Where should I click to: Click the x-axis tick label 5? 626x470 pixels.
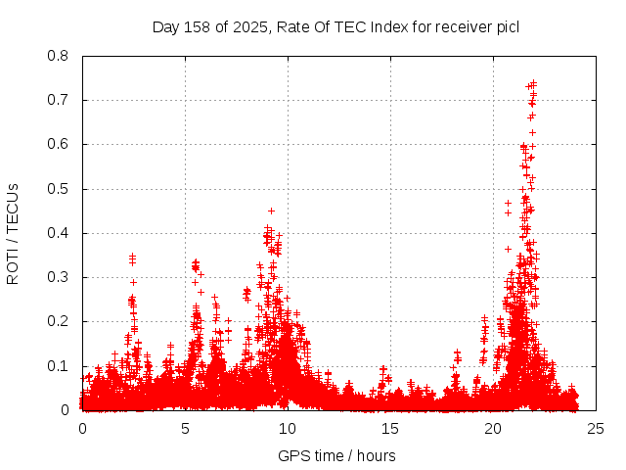point(185,428)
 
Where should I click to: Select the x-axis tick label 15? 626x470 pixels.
point(390,428)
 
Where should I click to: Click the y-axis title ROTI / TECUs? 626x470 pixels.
point(14,233)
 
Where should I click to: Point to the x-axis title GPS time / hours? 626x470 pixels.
point(336,455)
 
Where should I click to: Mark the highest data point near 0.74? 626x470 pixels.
point(533,83)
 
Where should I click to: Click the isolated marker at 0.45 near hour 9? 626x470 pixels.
point(271,211)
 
